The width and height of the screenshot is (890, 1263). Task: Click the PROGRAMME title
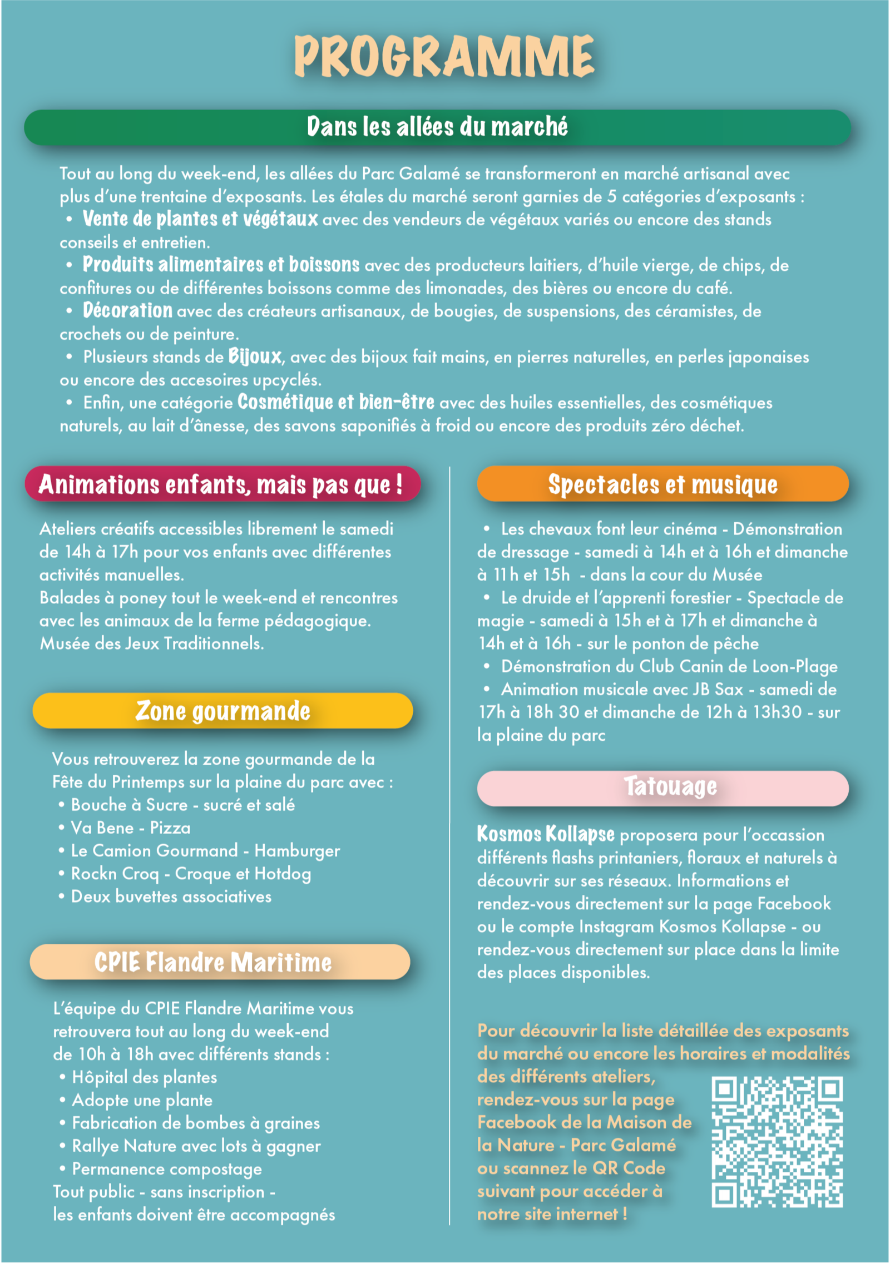[444, 56]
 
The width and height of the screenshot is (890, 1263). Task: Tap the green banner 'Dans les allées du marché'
[437, 127]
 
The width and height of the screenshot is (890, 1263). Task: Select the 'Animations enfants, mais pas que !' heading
[221, 484]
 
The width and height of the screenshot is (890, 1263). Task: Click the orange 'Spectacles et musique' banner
[662, 484]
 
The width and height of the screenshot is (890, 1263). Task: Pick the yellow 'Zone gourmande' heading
[222, 711]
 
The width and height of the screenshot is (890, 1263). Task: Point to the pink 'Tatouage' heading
[670, 786]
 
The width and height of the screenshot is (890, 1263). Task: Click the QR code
[777, 1142]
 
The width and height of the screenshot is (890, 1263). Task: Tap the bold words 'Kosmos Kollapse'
[546, 834]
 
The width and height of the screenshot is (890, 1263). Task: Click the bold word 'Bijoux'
[255, 356]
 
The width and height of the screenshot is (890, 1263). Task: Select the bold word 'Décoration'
[127, 310]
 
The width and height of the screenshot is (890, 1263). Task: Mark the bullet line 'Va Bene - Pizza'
[131, 828]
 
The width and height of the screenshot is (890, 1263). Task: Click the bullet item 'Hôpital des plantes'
[144, 1077]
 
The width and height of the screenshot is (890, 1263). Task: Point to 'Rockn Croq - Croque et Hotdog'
[191, 874]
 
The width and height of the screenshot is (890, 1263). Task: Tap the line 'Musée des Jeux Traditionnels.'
[152, 643]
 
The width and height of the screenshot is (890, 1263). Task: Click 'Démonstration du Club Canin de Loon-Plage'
[669, 666]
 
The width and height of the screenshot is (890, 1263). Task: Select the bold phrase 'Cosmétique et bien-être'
[336, 402]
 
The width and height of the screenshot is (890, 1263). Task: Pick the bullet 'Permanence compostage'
[167, 1169]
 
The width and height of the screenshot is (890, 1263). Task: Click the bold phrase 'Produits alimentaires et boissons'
[221, 265]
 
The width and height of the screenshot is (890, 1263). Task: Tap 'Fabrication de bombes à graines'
[196, 1123]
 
